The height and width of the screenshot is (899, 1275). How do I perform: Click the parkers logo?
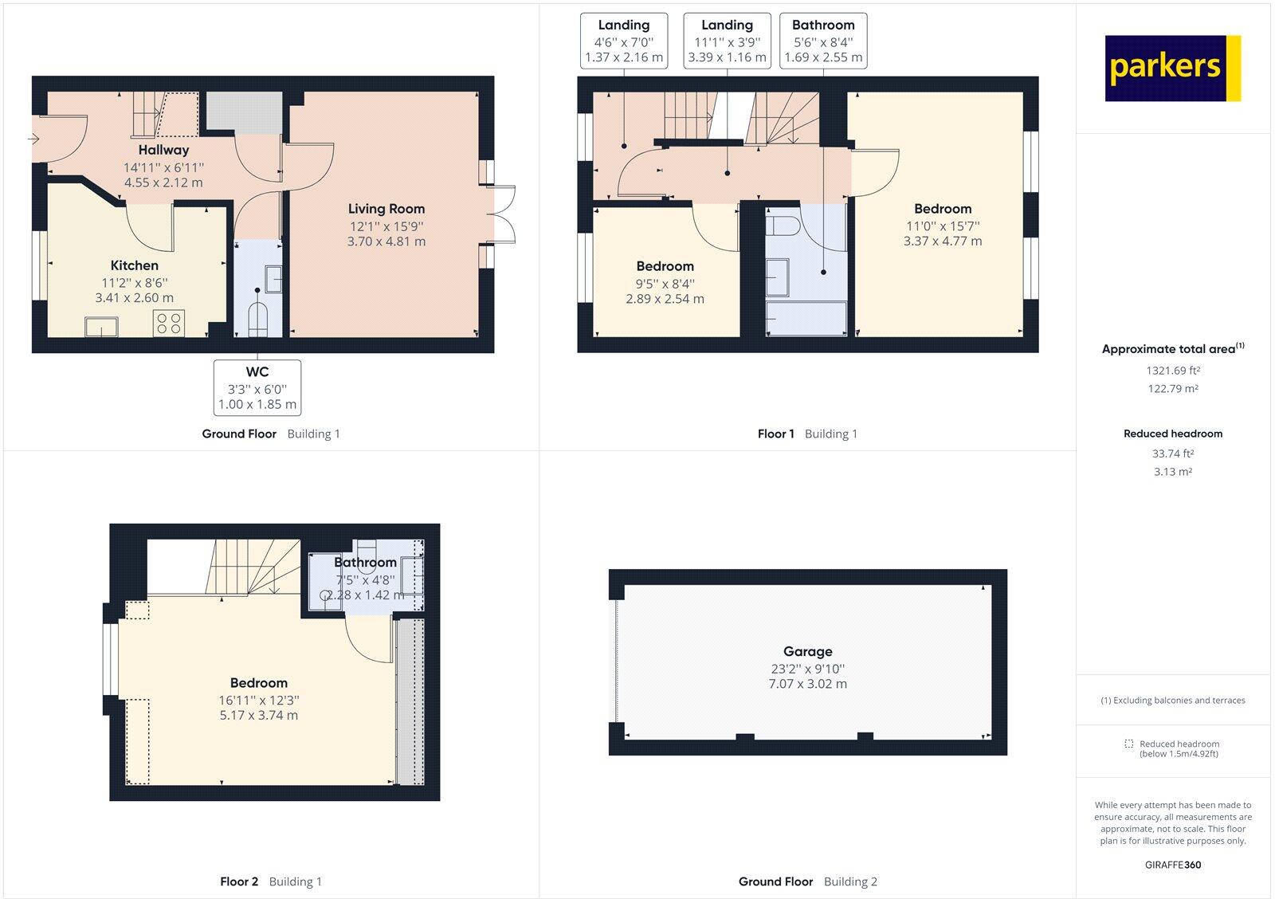pyautogui.click(x=1172, y=68)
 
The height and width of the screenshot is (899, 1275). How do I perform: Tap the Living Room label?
pyautogui.click(x=386, y=209)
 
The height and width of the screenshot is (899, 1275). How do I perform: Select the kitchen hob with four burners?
pyautogui.click(x=169, y=323)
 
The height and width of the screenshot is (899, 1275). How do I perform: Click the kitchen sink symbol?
pyautogui.click(x=101, y=326)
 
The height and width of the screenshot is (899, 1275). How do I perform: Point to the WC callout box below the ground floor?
pyautogui.click(x=257, y=387)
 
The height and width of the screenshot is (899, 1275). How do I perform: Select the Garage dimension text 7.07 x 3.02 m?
pyautogui.click(x=807, y=684)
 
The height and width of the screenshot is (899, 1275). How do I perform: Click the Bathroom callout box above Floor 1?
pyautogui.click(x=823, y=41)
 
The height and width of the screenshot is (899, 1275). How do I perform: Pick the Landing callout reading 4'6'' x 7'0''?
pyautogui.click(x=624, y=41)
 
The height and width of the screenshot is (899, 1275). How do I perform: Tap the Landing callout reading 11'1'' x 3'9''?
pyautogui.click(x=727, y=41)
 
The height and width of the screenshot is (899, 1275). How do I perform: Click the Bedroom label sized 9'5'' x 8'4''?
pyautogui.click(x=665, y=266)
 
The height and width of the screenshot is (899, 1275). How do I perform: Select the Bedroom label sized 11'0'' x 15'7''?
pyautogui.click(x=943, y=209)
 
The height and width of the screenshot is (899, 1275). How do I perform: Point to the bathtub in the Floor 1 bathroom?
pyautogui.click(x=806, y=318)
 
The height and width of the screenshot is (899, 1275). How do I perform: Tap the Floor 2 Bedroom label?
pyautogui.click(x=258, y=683)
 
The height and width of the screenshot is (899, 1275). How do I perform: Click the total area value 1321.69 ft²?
pyautogui.click(x=1172, y=371)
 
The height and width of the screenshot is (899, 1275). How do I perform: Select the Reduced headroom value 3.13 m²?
pyautogui.click(x=1172, y=472)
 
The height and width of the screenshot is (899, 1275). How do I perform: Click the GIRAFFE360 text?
pyautogui.click(x=1172, y=865)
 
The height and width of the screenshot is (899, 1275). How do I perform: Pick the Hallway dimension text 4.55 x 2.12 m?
pyautogui.click(x=163, y=183)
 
